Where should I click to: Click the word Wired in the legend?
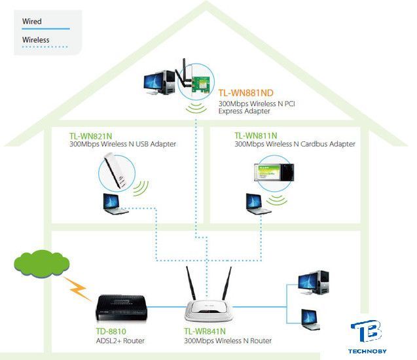pos(31,22)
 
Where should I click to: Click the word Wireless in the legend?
pos(35,40)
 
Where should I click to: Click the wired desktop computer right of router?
pos(313,283)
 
